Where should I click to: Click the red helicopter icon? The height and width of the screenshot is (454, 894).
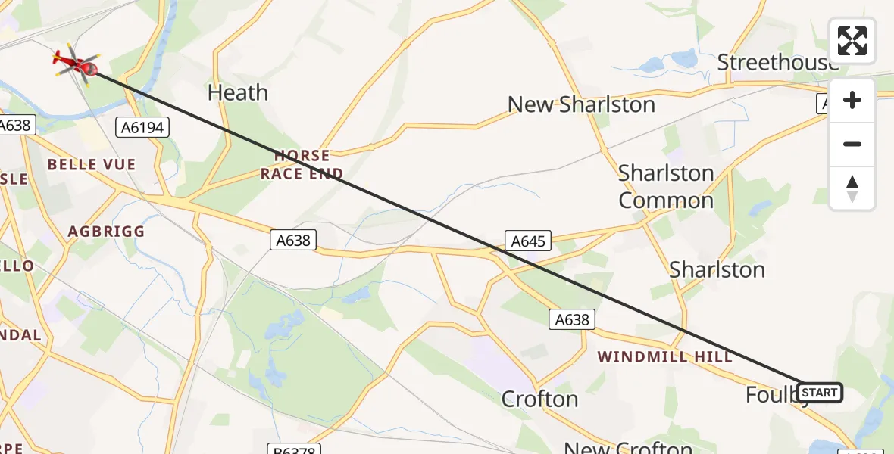[77, 64]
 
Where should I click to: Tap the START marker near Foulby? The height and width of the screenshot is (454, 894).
[820, 393]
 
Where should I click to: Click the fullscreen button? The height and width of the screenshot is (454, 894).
[852, 41]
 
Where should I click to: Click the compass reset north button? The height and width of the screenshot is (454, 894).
[852, 188]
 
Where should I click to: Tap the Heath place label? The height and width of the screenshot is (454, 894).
[238, 93]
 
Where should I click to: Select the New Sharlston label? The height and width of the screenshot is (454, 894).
[581, 104]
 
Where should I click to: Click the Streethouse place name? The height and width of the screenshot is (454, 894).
[777, 63]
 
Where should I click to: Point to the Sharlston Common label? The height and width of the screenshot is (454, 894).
[666, 187]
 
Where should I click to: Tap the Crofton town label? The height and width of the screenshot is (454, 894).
[540, 399]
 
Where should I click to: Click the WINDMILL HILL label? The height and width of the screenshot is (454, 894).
[664, 356]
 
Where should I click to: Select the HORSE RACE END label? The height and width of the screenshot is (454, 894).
[302, 164]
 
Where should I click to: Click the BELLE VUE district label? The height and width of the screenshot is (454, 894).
[92, 165]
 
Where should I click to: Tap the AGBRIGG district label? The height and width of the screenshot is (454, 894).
[106, 232]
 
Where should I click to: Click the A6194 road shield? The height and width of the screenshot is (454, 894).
[142, 128]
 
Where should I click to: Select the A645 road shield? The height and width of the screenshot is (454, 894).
[528, 241]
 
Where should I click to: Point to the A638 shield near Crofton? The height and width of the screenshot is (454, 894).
[572, 320]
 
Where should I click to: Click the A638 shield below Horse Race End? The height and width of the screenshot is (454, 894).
[293, 241]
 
